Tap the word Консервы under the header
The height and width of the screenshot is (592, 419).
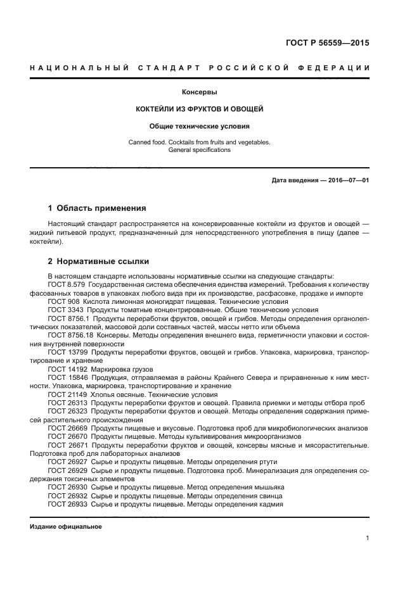click(x=200, y=92)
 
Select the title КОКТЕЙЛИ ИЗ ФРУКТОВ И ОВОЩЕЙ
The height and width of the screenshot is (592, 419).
click(x=200, y=109)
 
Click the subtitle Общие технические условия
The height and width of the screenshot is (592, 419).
click(x=200, y=126)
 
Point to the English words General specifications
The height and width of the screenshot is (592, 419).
click(x=200, y=150)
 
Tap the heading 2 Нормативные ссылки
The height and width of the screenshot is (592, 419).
click(x=99, y=261)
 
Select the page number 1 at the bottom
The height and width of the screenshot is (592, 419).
click(x=367, y=538)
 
